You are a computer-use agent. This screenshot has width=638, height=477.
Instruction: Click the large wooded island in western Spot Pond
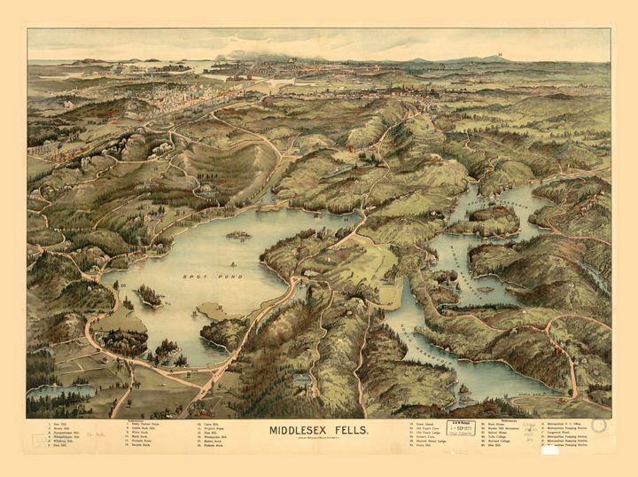[x=149, y=295]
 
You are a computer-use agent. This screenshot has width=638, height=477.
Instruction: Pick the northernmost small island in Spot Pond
[x=237, y=235]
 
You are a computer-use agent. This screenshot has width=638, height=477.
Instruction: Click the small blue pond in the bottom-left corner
[x=62, y=390]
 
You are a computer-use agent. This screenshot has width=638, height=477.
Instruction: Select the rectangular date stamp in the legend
[x=461, y=428]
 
